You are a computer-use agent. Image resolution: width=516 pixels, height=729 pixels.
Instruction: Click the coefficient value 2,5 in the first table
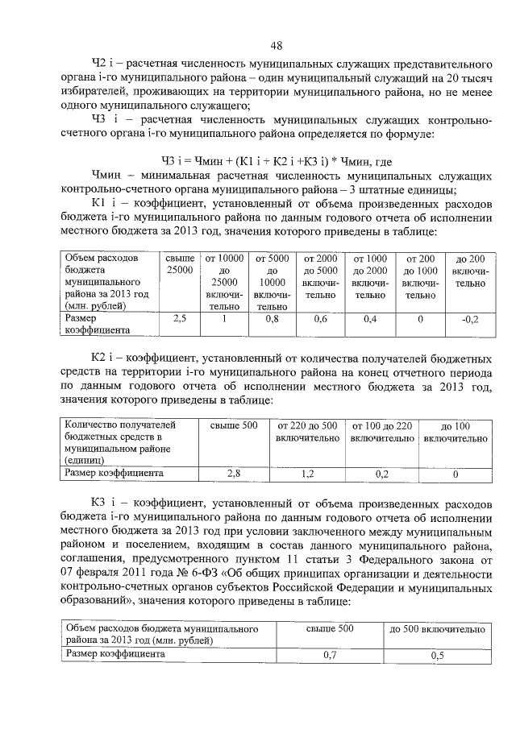coord(180,319)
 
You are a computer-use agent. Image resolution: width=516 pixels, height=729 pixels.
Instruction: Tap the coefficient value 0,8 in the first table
coord(273,319)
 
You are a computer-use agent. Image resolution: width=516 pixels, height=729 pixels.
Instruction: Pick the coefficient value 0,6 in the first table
coord(320,319)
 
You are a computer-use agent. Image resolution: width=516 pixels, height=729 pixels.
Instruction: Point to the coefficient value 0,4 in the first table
coord(370,319)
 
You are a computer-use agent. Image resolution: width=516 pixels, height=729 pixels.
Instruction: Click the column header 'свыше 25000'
coord(180,264)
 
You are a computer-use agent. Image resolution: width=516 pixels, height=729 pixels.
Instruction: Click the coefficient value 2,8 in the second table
coord(234,474)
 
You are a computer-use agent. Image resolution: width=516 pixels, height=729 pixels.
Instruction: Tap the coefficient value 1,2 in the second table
coord(307,474)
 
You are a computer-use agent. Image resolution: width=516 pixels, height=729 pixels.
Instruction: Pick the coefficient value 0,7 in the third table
coord(329,655)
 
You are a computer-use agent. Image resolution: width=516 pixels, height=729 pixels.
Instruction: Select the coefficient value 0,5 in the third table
coord(437,655)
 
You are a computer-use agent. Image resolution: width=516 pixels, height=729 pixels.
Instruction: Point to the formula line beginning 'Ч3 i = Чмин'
coord(264,159)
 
